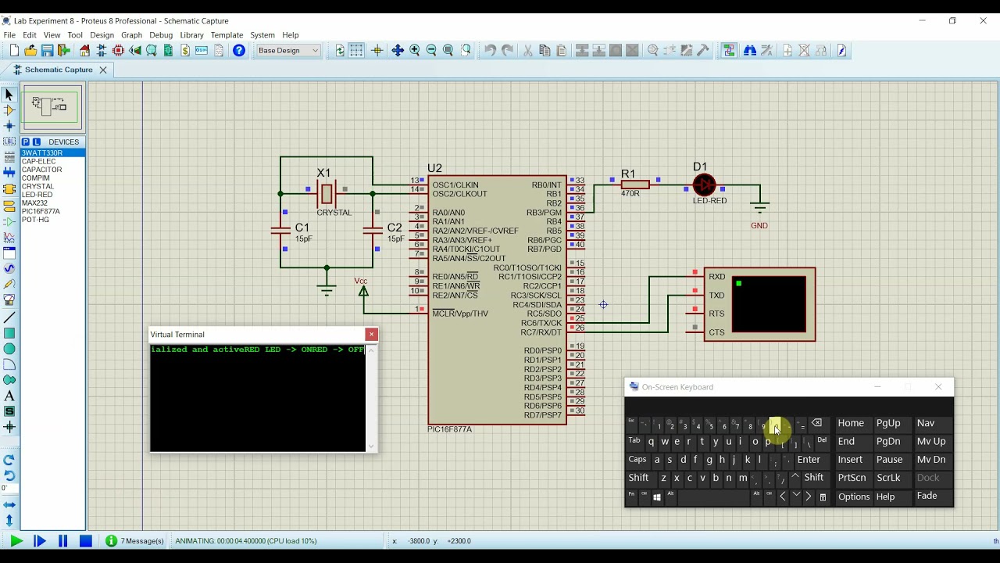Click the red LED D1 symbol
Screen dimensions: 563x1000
704,185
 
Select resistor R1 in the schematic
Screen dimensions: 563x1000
634,185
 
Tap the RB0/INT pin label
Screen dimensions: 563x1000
546,185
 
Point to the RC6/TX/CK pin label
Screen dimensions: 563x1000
541,323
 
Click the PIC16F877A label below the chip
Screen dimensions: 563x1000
449,429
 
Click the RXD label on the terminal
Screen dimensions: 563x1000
716,277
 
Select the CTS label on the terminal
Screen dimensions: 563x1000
716,332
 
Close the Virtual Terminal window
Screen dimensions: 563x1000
371,335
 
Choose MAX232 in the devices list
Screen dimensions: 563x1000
34,203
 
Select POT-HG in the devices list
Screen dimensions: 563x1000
35,220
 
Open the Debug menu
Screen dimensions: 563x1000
161,35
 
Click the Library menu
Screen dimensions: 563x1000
191,35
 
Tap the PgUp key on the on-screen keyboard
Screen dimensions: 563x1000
888,423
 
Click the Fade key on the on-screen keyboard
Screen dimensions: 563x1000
927,497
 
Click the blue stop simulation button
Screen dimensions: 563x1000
86,541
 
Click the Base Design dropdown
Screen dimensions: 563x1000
288,51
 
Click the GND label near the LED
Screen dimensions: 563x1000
759,225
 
